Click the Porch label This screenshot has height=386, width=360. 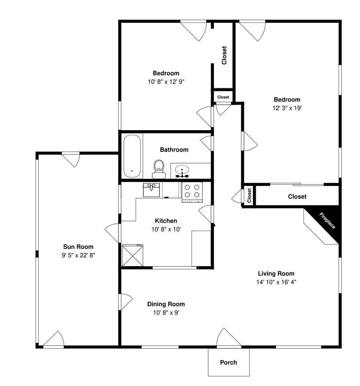click(x=228, y=362)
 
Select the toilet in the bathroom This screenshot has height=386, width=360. click(x=159, y=169)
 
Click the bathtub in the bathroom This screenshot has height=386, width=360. click(x=132, y=156)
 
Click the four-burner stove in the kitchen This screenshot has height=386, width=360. click(x=192, y=191)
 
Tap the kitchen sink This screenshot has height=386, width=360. click(x=152, y=189)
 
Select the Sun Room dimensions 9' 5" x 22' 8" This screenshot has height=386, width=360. click(x=78, y=255)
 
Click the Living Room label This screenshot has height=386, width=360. click(x=276, y=273)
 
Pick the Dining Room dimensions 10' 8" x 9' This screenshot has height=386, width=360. click(x=166, y=312)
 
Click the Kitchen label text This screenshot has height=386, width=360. click(x=166, y=221)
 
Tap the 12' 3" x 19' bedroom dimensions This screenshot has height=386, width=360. click(x=287, y=108)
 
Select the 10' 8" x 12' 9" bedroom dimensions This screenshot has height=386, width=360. click(x=166, y=81)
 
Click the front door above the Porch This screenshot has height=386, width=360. click(x=228, y=339)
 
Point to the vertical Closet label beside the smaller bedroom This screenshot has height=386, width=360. click(x=224, y=55)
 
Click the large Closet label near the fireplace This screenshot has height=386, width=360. click(x=297, y=197)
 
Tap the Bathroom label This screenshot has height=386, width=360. click(x=174, y=150)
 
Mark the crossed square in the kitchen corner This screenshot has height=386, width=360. click(x=132, y=255)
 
